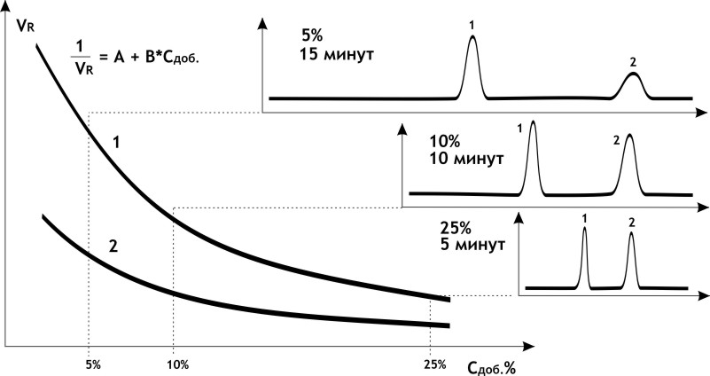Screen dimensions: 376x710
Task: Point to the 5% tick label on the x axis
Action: tap(93, 364)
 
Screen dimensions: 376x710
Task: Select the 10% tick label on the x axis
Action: tap(176, 364)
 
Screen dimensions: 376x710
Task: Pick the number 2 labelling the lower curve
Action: tap(113, 245)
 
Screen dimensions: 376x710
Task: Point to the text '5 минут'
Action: tap(474, 244)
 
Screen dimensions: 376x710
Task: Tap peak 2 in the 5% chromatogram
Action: tap(632, 85)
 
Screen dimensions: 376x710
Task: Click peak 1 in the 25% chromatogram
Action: tap(585, 254)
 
